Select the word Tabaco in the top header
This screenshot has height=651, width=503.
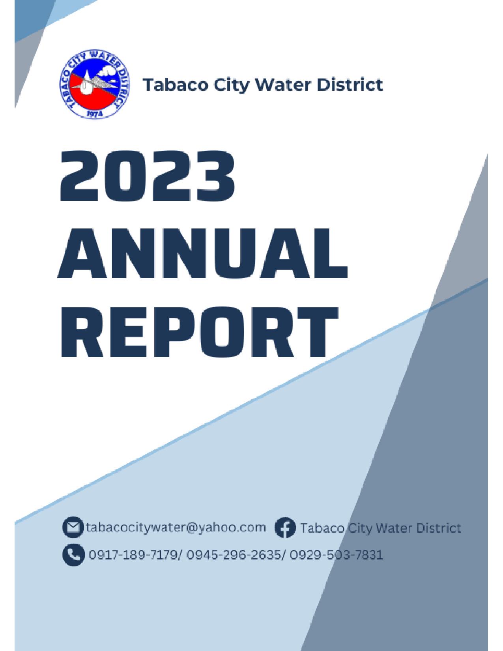coord(175,85)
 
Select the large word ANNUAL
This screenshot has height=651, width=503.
coord(202,254)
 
